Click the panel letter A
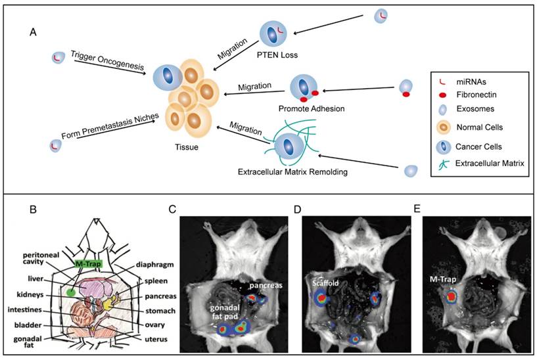coord(33,32)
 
